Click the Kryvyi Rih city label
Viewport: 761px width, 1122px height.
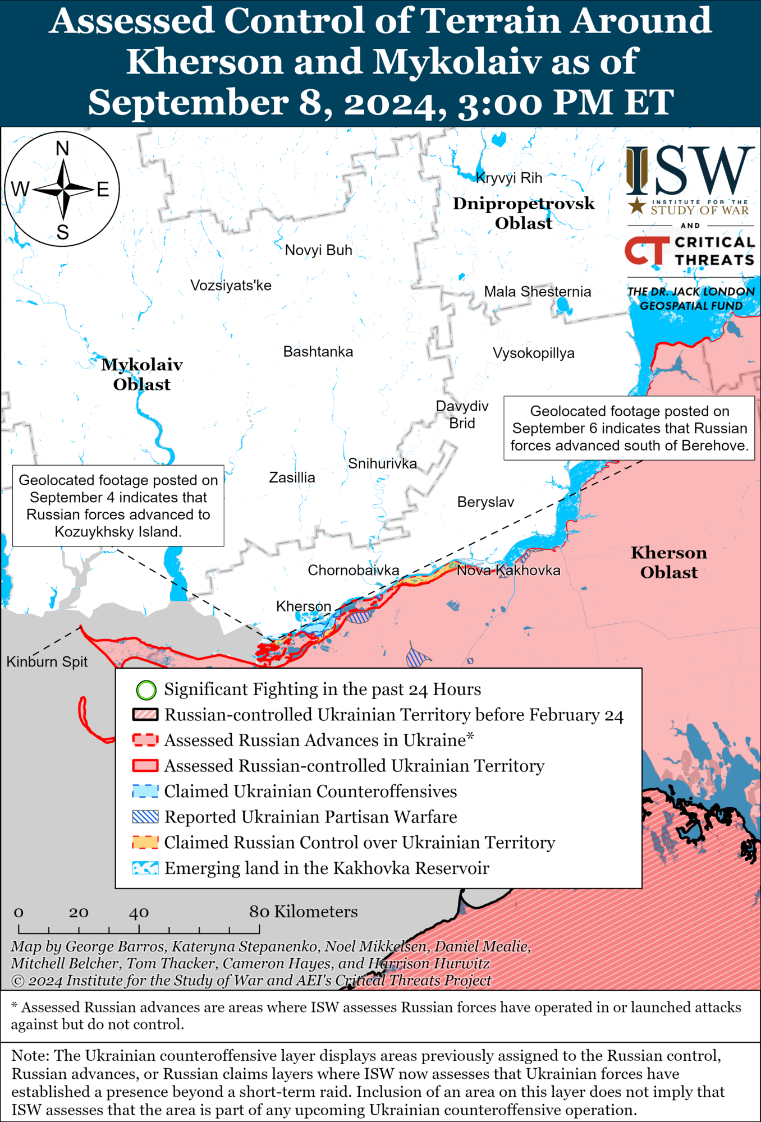(x=508, y=178)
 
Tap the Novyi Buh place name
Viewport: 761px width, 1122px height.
(x=318, y=250)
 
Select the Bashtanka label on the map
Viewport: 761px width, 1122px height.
(x=318, y=352)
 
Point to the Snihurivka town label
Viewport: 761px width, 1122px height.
(x=382, y=463)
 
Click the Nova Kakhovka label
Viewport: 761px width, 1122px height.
(x=508, y=571)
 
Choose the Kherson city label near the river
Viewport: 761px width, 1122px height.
(x=304, y=606)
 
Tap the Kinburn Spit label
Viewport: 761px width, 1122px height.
(x=47, y=662)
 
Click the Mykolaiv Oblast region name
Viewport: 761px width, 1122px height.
(x=142, y=374)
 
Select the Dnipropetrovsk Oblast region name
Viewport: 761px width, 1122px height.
(x=523, y=213)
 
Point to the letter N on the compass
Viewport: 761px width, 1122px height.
(x=62, y=149)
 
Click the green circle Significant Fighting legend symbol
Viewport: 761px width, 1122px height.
(x=146, y=690)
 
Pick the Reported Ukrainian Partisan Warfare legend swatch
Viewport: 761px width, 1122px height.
(x=145, y=817)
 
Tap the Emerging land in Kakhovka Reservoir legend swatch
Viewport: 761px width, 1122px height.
(x=145, y=868)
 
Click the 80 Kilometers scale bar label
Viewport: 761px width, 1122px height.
(x=303, y=912)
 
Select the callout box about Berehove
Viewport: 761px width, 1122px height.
(x=629, y=428)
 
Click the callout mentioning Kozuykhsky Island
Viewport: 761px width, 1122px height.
(x=118, y=505)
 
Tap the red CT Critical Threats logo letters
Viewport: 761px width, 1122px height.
(x=647, y=251)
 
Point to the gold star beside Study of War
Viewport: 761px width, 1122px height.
(x=636, y=206)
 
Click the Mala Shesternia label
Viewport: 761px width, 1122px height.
(x=537, y=292)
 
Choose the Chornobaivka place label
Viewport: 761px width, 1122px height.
(x=353, y=571)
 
